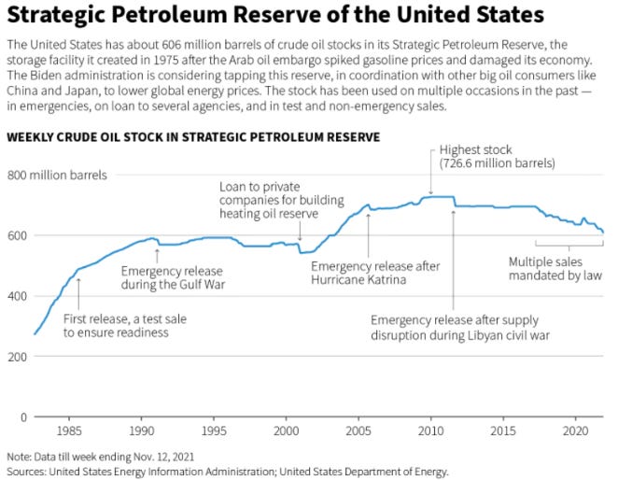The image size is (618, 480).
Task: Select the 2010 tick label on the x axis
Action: click(430, 431)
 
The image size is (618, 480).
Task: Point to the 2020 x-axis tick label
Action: click(575, 431)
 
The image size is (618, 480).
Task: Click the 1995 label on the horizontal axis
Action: click(214, 431)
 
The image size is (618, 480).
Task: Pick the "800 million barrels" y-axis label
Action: click(59, 175)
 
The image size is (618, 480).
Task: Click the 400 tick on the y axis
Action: click(18, 296)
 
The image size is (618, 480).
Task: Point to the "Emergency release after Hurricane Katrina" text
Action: click(374, 273)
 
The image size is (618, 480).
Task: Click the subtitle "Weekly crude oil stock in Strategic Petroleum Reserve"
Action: click(192, 136)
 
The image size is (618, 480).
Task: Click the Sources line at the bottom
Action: click(228, 471)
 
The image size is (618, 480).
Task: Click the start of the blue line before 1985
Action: click(35, 333)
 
